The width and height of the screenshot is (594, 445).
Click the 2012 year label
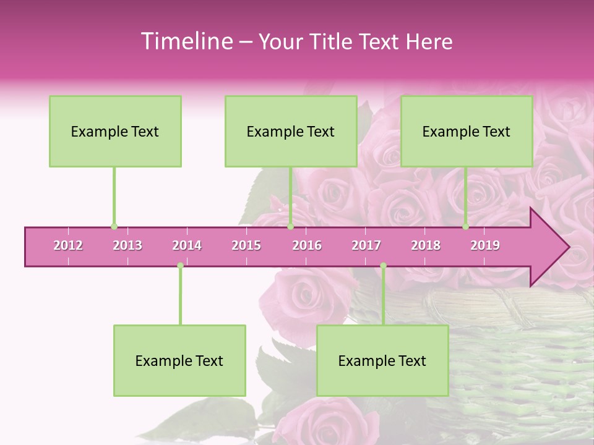click(68, 245)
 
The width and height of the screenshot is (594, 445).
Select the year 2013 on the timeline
click(127, 245)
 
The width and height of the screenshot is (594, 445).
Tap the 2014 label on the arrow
click(187, 245)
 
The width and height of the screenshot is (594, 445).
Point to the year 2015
click(246, 245)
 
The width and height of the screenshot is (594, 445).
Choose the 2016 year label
click(307, 245)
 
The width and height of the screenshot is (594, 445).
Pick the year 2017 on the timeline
click(366, 245)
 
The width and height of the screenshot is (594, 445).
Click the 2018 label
click(426, 245)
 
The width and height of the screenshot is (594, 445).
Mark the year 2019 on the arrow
click(485, 245)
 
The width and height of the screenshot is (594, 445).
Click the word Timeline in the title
click(186, 41)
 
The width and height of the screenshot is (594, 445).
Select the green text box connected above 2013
click(115, 131)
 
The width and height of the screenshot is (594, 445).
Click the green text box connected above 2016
click(291, 131)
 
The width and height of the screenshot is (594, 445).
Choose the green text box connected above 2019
click(467, 131)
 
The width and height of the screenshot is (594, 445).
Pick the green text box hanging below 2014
click(179, 360)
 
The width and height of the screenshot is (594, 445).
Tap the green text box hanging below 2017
click(382, 360)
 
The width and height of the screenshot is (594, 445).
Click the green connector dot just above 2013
click(114, 226)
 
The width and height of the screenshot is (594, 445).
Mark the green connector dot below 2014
click(180, 266)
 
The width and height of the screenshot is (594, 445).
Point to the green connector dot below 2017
click(383, 266)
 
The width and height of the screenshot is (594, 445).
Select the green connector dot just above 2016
click(290, 226)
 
